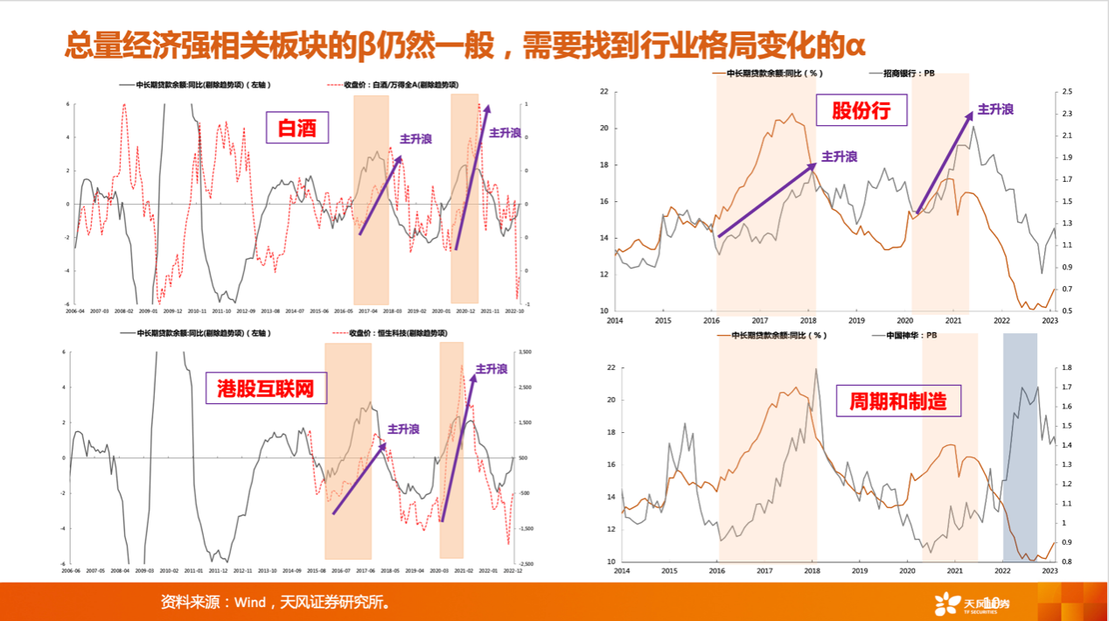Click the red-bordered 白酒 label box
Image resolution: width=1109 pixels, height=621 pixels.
click(296, 129)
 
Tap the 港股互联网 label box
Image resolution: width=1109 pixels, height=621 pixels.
click(266, 388)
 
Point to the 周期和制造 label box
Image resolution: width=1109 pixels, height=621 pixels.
click(898, 401)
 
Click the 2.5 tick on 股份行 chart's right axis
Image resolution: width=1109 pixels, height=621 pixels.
click(1068, 92)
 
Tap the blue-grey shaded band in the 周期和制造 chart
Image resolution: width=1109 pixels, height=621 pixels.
click(1019, 446)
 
